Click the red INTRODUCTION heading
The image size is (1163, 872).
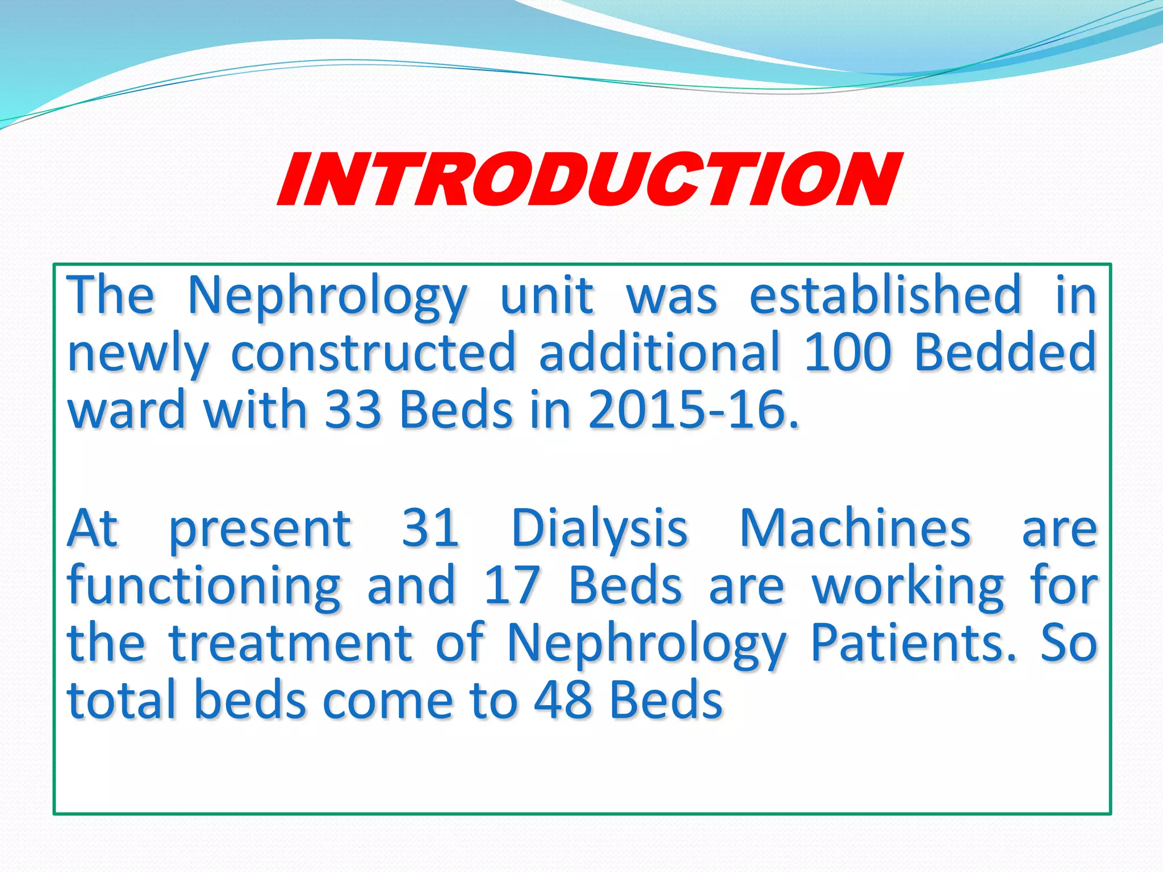click(588, 180)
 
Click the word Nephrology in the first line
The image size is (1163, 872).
click(328, 297)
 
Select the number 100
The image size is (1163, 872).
click(847, 352)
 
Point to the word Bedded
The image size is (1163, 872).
click(1005, 352)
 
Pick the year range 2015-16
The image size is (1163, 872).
click(693, 410)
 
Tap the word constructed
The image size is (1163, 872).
click(374, 352)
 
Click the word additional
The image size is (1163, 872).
click(659, 352)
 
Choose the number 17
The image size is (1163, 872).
click(511, 586)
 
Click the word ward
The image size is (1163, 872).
click(126, 410)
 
